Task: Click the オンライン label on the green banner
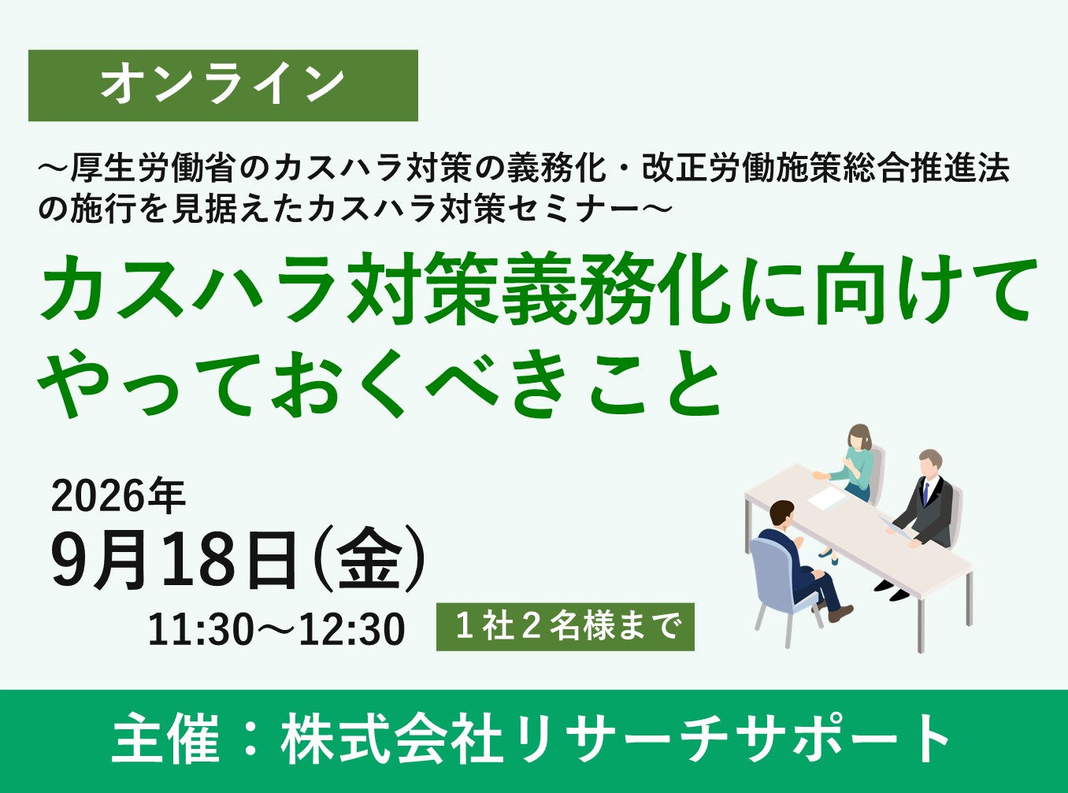pos(223,85)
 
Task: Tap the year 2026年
pos(118,496)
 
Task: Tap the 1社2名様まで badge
pos(566,627)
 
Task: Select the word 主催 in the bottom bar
pos(165,739)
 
